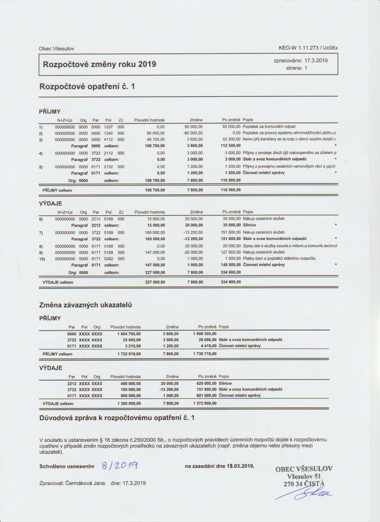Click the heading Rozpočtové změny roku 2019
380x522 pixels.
coord(100,64)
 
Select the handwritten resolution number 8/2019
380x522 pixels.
coord(119,466)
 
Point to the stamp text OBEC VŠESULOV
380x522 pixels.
coord(304,469)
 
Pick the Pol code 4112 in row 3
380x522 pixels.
coord(108,139)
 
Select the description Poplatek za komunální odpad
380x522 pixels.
coord(269,127)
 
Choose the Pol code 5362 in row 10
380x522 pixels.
coord(108,258)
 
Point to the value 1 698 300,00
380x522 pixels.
coord(205,334)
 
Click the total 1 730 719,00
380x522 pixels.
coord(205,354)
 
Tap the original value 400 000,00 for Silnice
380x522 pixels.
coord(129,383)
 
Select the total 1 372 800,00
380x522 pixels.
coord(205,403)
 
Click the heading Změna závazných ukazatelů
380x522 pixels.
coord(86,305)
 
